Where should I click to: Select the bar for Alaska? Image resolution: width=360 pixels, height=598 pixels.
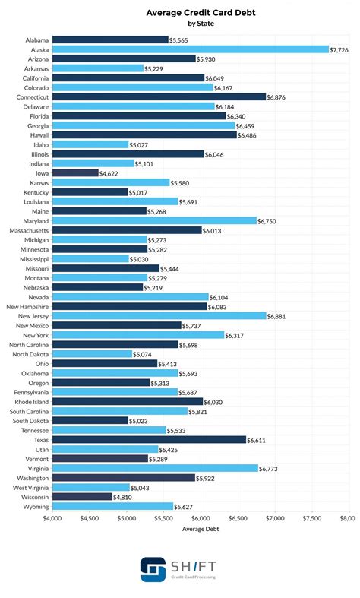pos(190,49)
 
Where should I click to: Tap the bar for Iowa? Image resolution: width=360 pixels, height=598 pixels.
pos(75,172)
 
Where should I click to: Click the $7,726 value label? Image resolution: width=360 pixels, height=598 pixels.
pos(339,49)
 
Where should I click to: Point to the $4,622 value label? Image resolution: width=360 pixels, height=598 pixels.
pos(110,172)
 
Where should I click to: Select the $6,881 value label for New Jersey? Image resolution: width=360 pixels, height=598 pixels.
pos(277,315)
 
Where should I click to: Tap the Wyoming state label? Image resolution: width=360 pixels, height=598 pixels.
pos(35,506)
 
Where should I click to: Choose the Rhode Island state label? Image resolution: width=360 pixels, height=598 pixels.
pos(30,401)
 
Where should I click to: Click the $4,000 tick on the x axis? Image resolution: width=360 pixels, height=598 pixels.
pos(52,518)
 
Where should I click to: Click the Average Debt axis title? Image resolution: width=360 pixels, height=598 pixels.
pos(201,530)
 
